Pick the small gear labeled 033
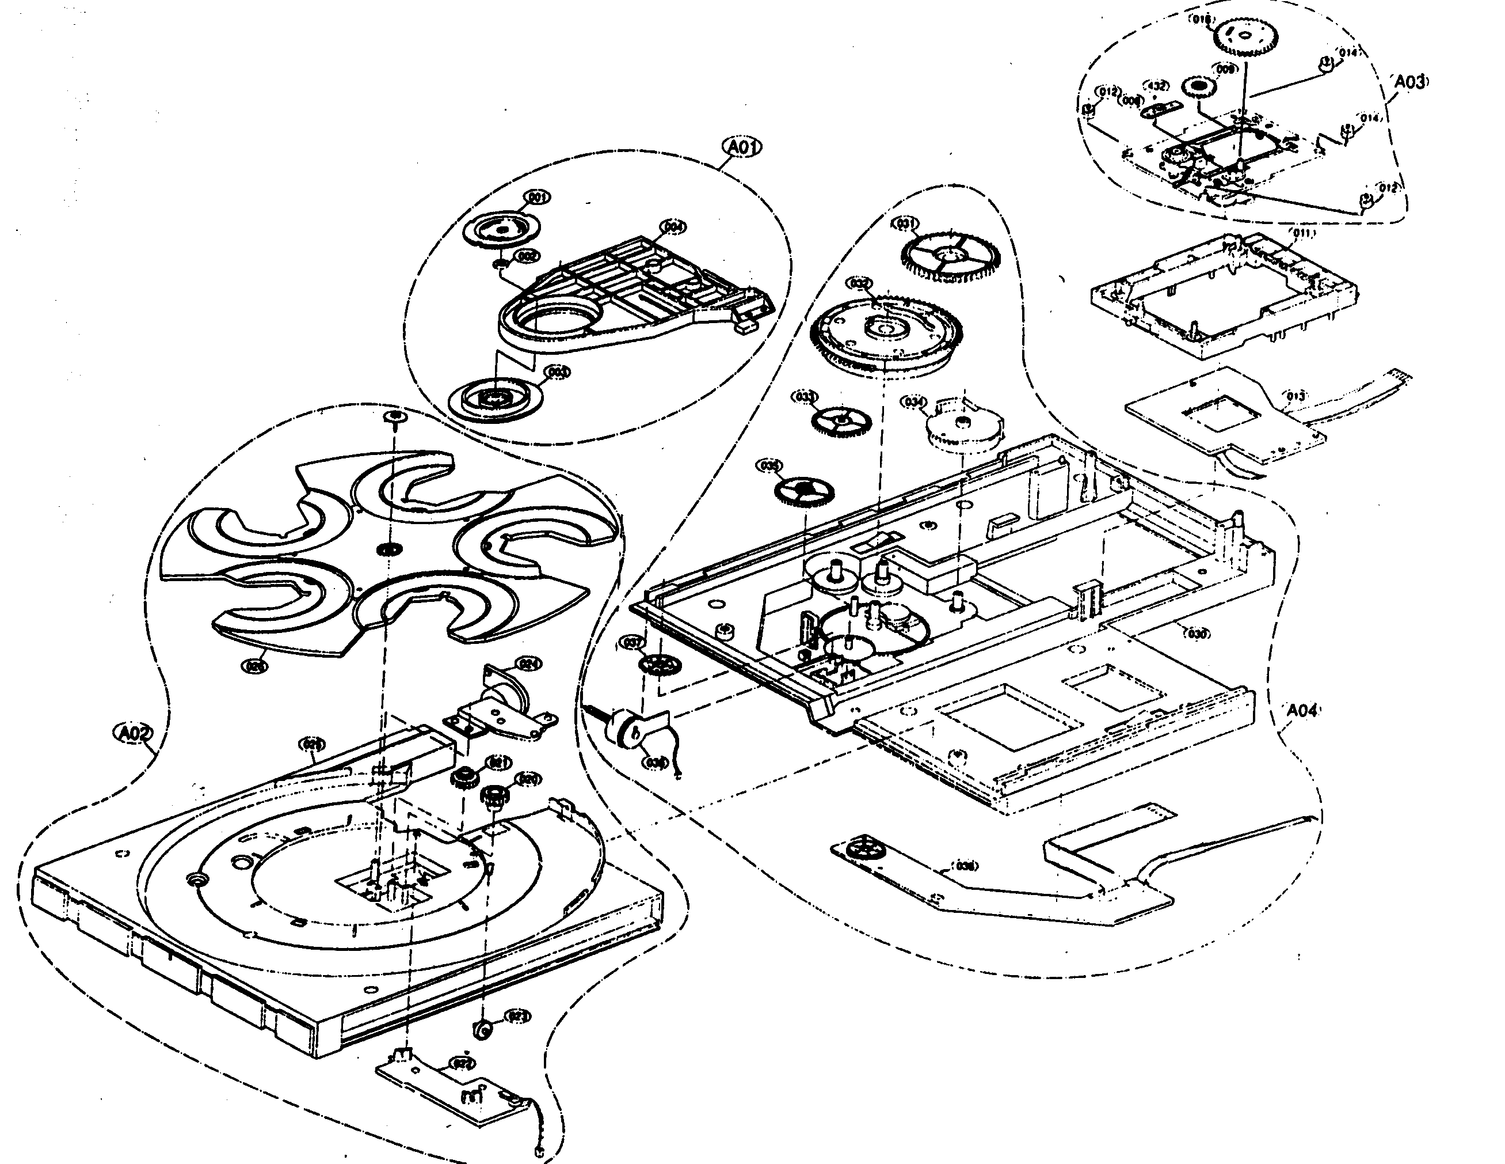click(841, 420)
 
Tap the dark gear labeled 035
click(804, 491)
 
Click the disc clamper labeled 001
click(501, 229)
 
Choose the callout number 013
click(1296, 396)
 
